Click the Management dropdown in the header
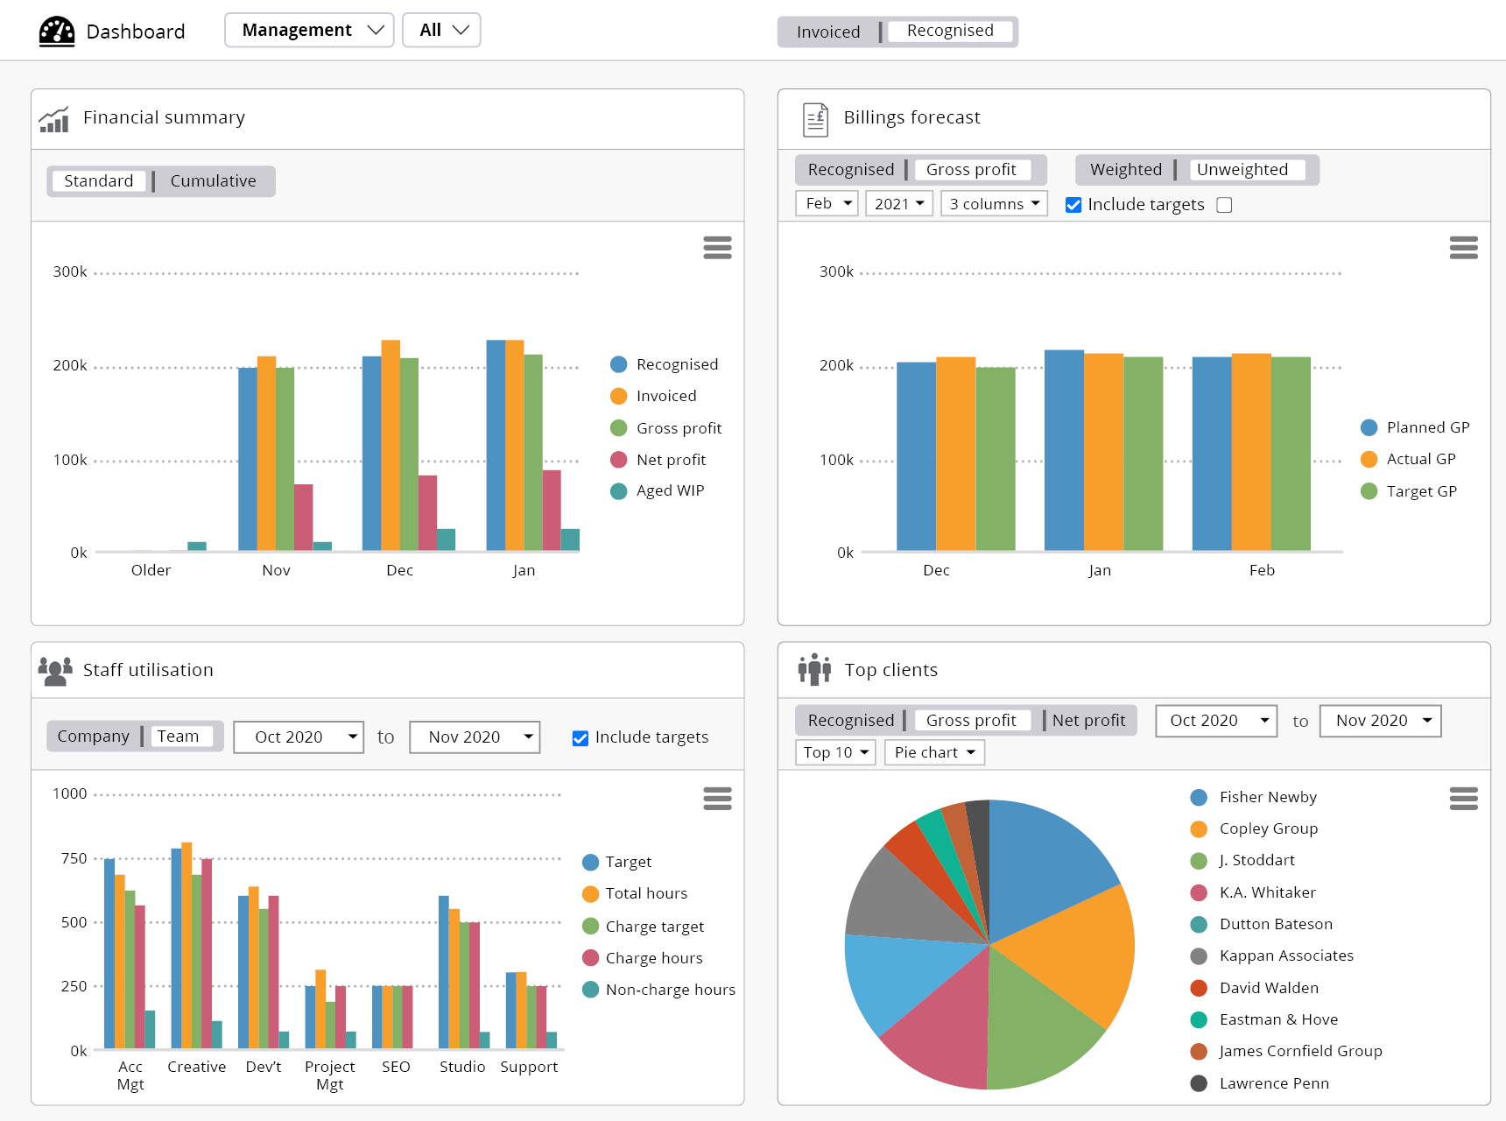(309, 30)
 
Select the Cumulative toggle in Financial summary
(213, 181)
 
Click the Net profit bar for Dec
(427, 512)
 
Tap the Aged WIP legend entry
(669, 491)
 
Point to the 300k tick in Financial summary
(70, 272)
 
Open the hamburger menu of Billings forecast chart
(1463, 248)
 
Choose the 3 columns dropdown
(994, 204)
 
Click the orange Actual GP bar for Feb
(1250, 452)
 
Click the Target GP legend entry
(1420, 491)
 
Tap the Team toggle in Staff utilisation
(179, 737)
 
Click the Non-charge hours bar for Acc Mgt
(151, 1029)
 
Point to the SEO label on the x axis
(396, 1067)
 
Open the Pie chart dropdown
(934, 752)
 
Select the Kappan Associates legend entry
(1285, 955)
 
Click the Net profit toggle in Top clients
(1088, 721)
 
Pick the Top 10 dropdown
(835, 752)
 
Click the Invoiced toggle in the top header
(827, 32)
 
